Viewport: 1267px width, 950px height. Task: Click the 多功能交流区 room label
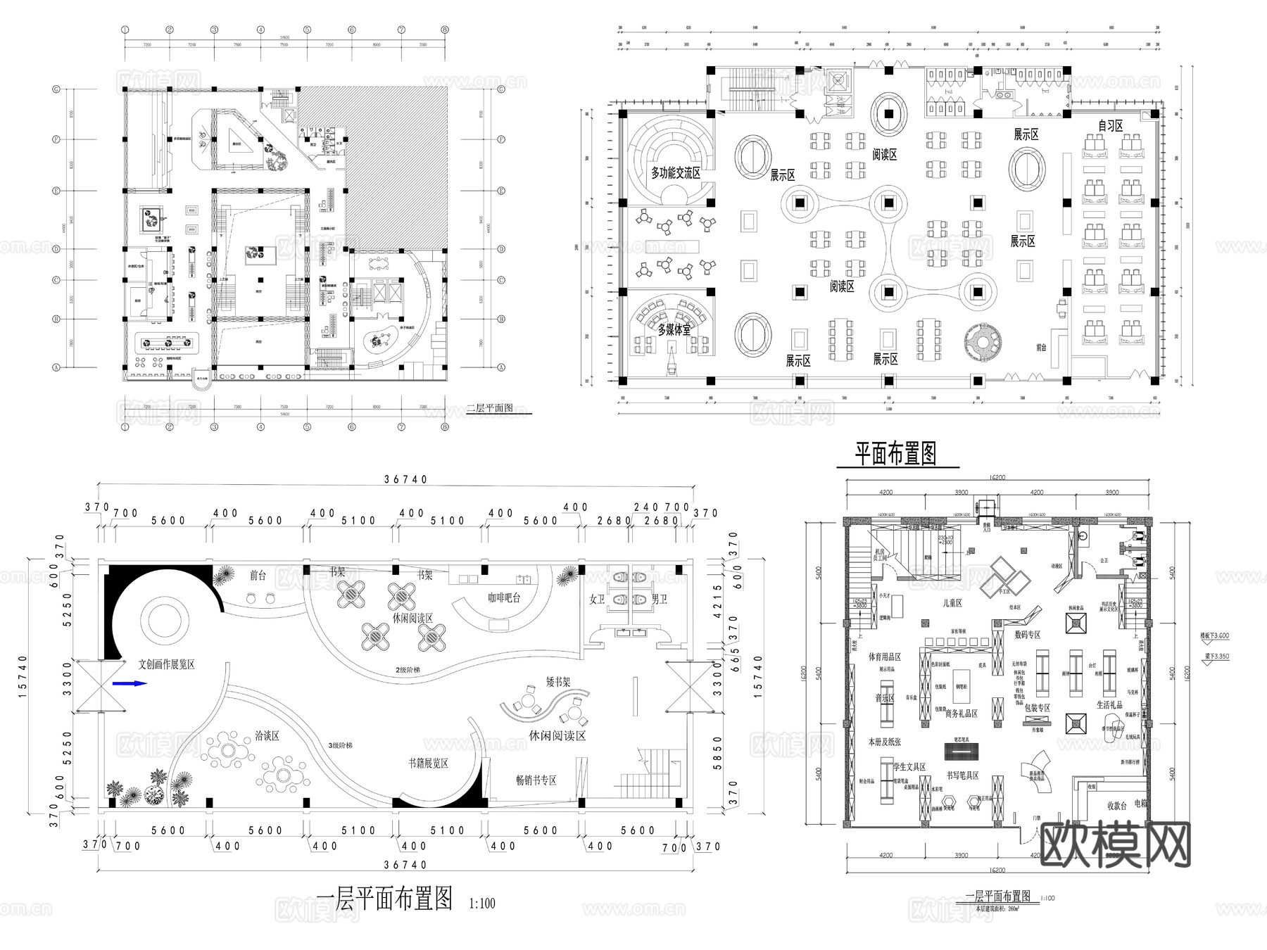click(x=675, y=173)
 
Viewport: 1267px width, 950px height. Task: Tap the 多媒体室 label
click(x=674, y=329)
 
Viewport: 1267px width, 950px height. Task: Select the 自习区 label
click(x=1111, y=126)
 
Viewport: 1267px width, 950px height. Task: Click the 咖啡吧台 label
click(x=504, y=598)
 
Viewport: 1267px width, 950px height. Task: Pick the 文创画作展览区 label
click(x=166, y=664)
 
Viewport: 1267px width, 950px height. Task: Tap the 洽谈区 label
click(x=267, y=736)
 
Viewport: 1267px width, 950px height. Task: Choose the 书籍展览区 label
click(x=428, y=763)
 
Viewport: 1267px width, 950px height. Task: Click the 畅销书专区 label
click(x=536, y=780)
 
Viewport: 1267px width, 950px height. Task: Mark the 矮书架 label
click(x=558, y=682)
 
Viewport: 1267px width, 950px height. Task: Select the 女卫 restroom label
click(x=597, y=600)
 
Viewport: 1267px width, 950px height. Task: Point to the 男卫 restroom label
click(x=659, y=600)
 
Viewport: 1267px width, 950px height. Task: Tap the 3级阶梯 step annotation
click(x=340, y=745)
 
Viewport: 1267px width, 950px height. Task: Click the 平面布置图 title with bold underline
click(x=895, y=454)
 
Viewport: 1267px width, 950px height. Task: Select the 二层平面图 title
click(x=489, y=408)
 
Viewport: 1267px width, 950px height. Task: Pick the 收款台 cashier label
click(x=1117, y=806)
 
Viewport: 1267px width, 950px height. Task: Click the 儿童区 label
click(x=952, y=603)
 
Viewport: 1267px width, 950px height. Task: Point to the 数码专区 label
click(x=1027, y=635)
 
